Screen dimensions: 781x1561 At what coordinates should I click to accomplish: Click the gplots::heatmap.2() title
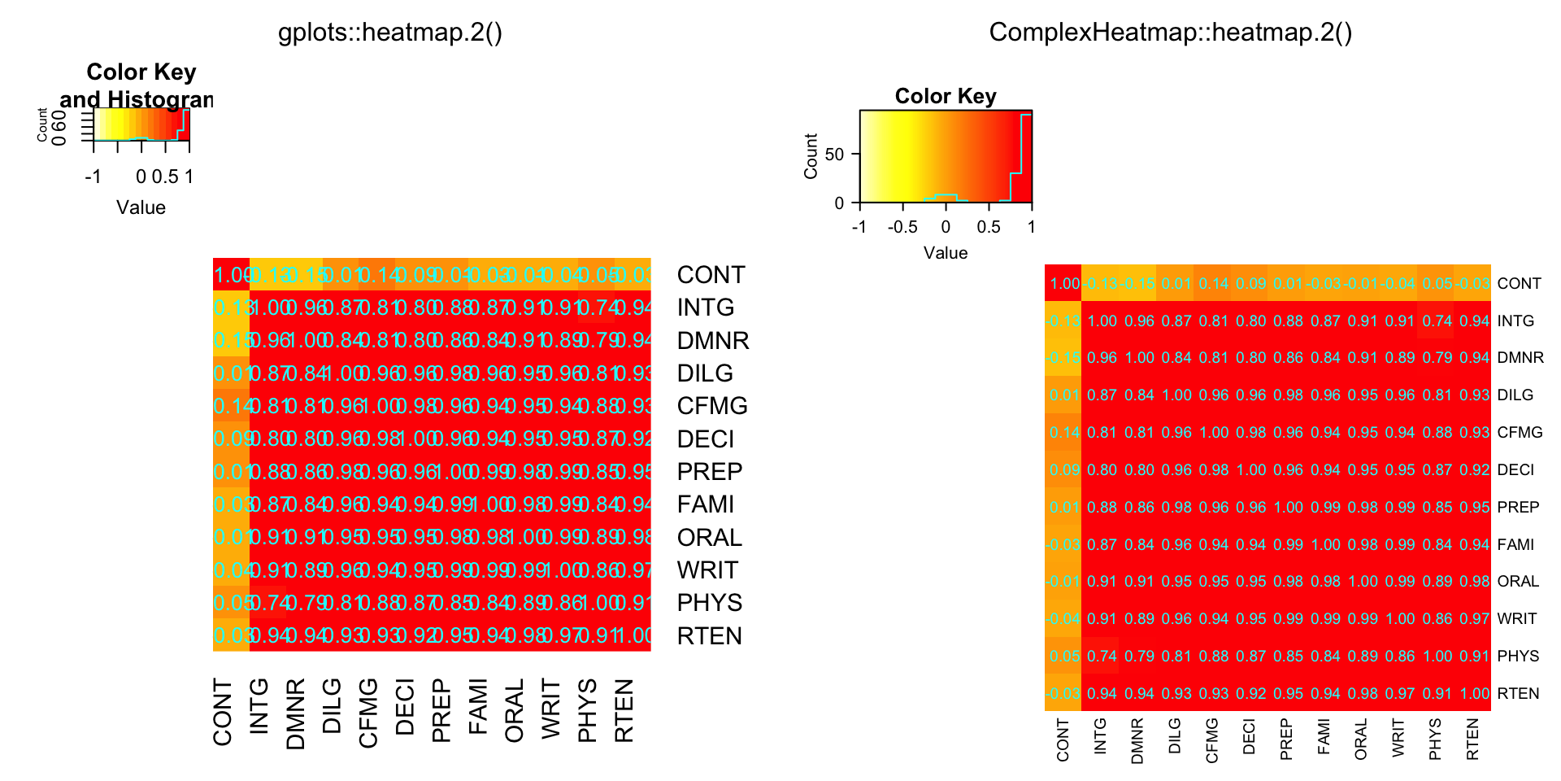point(390,33)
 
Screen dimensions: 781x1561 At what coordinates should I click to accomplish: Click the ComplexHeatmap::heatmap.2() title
point(1170,33)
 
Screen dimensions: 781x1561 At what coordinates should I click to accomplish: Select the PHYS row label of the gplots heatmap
point(709,603)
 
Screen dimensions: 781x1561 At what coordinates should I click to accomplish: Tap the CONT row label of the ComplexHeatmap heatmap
point(1519,283)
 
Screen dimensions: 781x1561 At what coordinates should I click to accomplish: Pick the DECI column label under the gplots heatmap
point(405,708)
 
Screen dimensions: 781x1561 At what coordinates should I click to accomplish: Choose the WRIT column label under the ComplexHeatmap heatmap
point(1398,738)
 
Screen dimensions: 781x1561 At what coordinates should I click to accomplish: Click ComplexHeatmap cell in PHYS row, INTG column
point(1102,656)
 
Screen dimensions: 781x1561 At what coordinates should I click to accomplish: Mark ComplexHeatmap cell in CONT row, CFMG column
point(1213,283)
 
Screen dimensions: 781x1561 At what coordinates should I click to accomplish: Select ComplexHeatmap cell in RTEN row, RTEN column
point(1473,693)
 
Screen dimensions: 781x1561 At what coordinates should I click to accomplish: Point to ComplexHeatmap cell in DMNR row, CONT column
point(1063,358)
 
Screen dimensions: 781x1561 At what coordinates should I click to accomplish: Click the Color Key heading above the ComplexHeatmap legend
point(946,96)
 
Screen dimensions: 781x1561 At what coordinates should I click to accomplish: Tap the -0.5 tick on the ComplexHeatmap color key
point(902,227)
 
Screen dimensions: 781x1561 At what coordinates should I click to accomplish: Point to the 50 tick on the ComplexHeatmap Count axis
point(835,154)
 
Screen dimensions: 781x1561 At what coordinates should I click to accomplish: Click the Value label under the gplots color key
point(141,207)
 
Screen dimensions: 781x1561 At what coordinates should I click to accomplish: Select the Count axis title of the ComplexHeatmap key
point(811,155)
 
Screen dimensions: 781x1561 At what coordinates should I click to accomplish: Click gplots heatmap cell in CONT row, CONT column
point(231,275)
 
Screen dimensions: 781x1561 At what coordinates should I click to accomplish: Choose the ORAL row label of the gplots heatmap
point(709,538)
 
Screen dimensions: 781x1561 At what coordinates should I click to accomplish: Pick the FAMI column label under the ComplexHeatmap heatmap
point(1324,736)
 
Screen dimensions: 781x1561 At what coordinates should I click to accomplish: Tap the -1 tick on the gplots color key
point(93,177)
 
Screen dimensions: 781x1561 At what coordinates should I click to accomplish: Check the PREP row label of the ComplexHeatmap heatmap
point(1518,507)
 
